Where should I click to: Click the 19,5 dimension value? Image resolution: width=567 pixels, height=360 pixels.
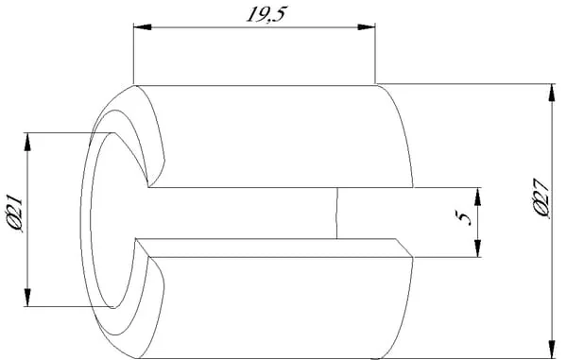266,14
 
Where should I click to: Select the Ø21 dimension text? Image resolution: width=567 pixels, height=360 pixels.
15,214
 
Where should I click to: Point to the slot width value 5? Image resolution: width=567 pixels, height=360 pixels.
464,218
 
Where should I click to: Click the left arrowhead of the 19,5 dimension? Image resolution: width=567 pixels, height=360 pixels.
143,27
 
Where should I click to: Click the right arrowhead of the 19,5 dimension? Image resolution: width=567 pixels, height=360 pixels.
366,27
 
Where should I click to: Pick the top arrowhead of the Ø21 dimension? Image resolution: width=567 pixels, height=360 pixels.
27,142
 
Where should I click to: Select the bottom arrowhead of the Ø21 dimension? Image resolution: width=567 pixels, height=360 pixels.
27,298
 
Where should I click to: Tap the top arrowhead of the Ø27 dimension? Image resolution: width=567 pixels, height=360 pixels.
552,93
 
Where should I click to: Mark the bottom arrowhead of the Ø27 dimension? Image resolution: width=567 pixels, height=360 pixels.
552,350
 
